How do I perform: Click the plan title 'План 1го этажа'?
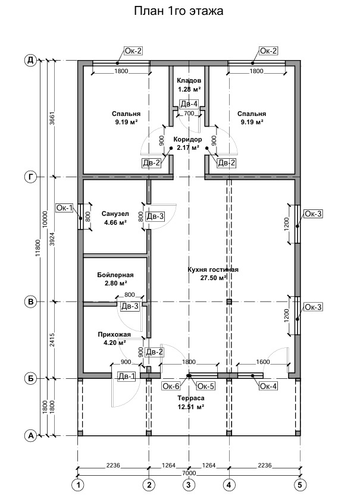point(179,11)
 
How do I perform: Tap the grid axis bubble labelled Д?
point(30,60)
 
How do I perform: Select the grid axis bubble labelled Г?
point(30,177)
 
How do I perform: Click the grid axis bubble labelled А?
point(30,436)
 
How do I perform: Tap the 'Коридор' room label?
point(188,140)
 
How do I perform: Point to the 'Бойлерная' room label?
point(115,275)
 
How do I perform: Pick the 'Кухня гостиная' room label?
point(212,270)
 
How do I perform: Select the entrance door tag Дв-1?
point(126,376)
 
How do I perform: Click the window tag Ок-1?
point(64,208)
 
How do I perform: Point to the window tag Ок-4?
point(268,387)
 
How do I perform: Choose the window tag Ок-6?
point(171,385)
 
